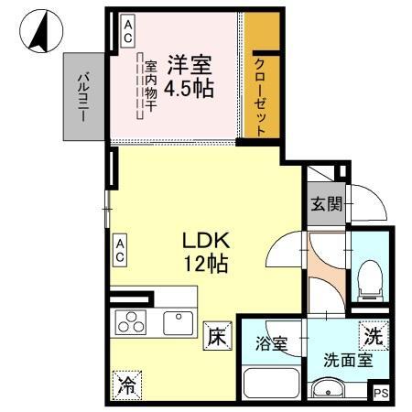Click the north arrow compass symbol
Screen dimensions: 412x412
pos(38,32)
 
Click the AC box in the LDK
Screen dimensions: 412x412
pos(120,248)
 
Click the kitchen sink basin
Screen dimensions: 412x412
pos(178,322)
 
